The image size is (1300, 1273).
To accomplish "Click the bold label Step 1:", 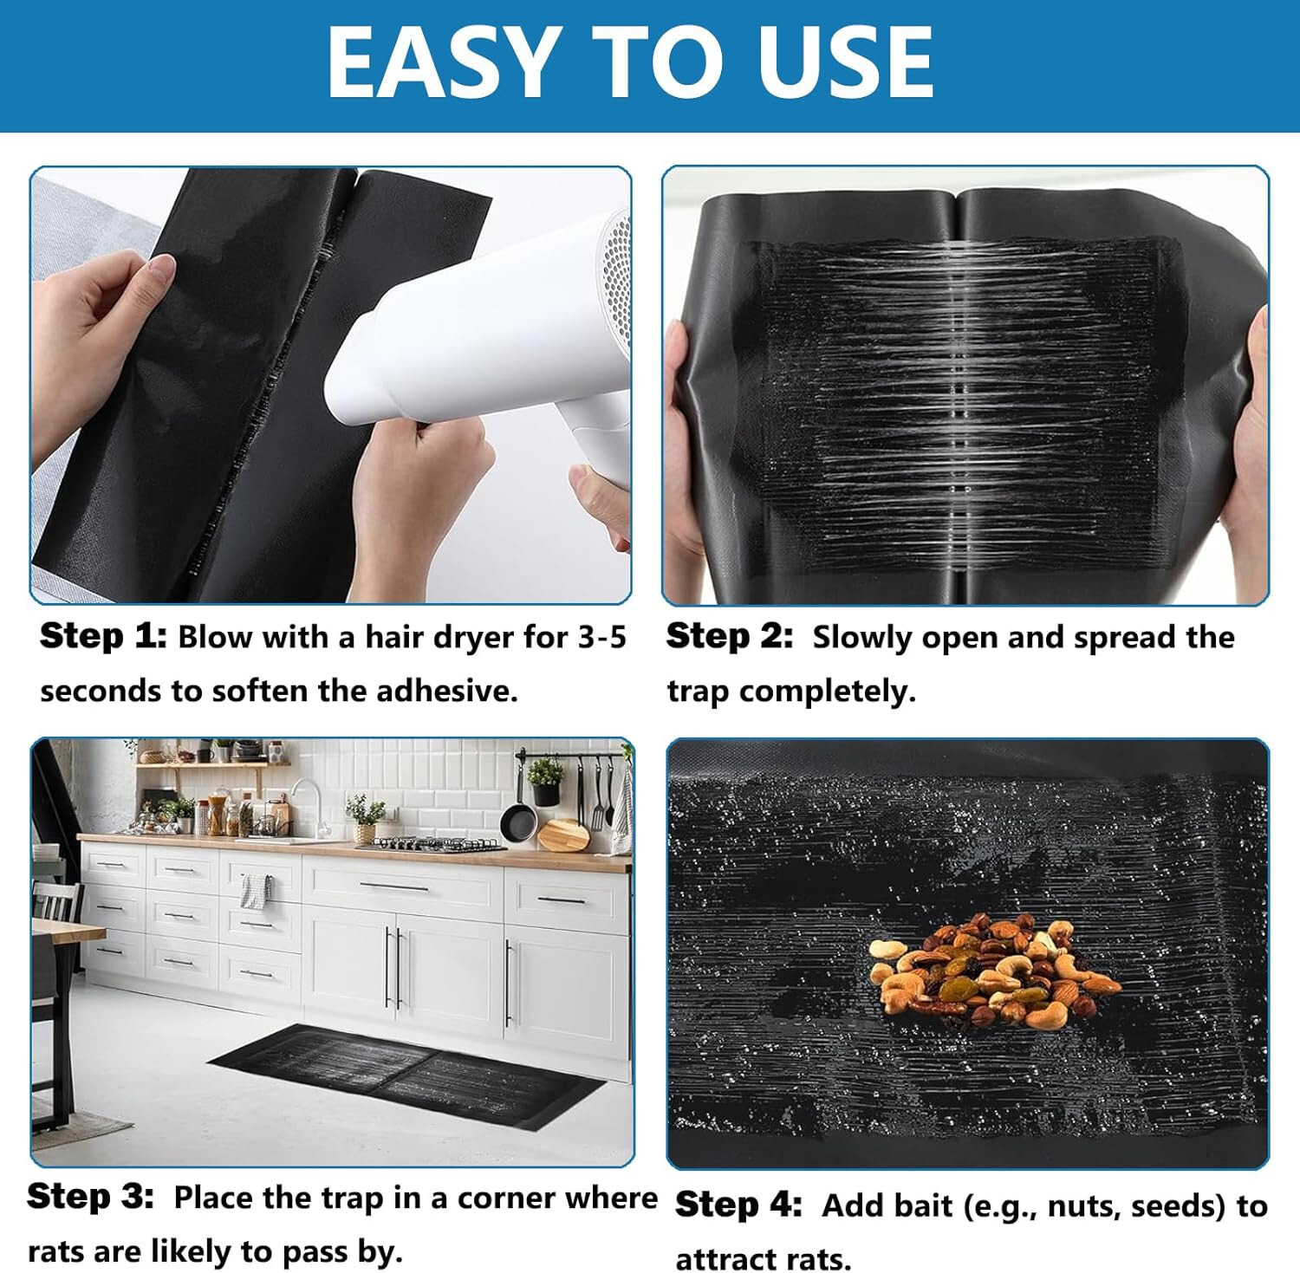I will (102, 636).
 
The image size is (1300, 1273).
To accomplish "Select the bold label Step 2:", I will (729, 636).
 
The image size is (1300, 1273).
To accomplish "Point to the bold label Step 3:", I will (90, 1197).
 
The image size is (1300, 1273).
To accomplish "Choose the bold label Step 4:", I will (738, 1205).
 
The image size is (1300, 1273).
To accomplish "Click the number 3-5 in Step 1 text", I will (601, 637).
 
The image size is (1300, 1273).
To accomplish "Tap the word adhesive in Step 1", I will (445, 691).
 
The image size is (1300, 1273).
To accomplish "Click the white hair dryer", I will (485, 338).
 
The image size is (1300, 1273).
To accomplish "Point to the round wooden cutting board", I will (564, 834).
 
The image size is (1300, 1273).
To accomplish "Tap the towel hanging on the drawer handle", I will (256, 891).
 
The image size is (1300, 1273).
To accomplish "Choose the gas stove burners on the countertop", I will (429, 842).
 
